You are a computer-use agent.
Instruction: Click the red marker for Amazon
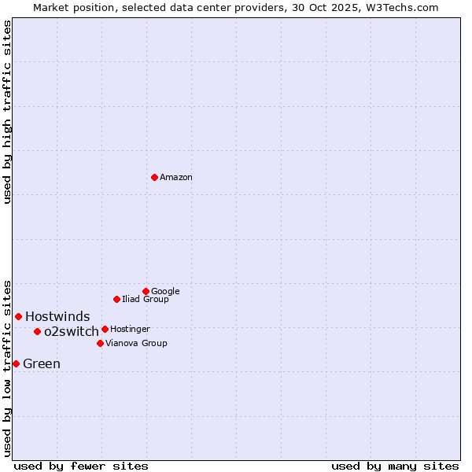[154, 177]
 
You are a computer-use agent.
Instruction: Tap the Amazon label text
[176, 178]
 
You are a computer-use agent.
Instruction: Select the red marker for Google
[146, 291]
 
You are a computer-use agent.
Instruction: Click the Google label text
[165, 292]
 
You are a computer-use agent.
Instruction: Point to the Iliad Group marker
[116, 299]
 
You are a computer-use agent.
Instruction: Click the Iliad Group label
[146, 300]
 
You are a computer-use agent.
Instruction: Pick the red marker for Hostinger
[105, 329]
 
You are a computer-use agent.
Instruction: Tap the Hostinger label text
[130, 330]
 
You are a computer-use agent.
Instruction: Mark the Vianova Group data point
[100, 343]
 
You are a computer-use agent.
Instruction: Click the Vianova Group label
[136, 344]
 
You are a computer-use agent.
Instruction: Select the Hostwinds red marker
[18, 316]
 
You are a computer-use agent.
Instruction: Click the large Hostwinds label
[57, 317]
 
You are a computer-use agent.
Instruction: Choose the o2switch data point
[37, 331]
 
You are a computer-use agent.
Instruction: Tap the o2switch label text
[72, 332]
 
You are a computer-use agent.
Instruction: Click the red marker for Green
[16, 363]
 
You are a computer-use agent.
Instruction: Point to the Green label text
[42, 364]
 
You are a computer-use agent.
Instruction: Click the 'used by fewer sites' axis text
[81, 466]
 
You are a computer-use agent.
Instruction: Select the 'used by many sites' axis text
[395, 466]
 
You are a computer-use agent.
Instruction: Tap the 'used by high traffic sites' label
[8, 112]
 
